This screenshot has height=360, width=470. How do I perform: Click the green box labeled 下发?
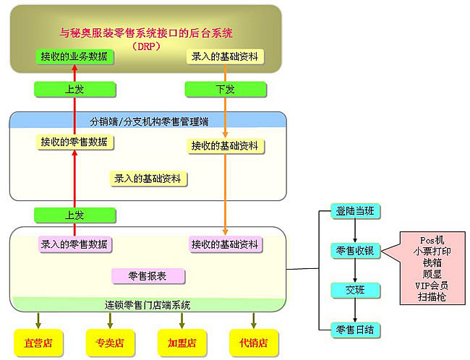tap(226, 89)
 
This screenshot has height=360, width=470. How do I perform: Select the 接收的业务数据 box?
tap(74, 56)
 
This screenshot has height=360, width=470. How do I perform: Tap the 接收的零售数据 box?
tap(74, 142)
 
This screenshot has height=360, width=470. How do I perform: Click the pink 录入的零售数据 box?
tap(74, 244)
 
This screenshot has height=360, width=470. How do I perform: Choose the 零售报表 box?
tap(148, 275)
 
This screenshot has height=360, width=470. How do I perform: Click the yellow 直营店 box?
tap(39, 342)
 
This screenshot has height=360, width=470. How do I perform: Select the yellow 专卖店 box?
tap(111, 342)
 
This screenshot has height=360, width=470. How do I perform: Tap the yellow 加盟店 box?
tap(181, 342)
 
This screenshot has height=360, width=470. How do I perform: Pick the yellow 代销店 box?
tap(253, 342)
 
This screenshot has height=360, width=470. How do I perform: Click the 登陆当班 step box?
tap(354, 212)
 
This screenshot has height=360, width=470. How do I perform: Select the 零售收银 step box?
tap(354, 250)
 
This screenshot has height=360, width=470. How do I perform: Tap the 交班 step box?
tap(354, 290)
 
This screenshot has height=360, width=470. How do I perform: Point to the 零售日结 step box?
tap(354, 330)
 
